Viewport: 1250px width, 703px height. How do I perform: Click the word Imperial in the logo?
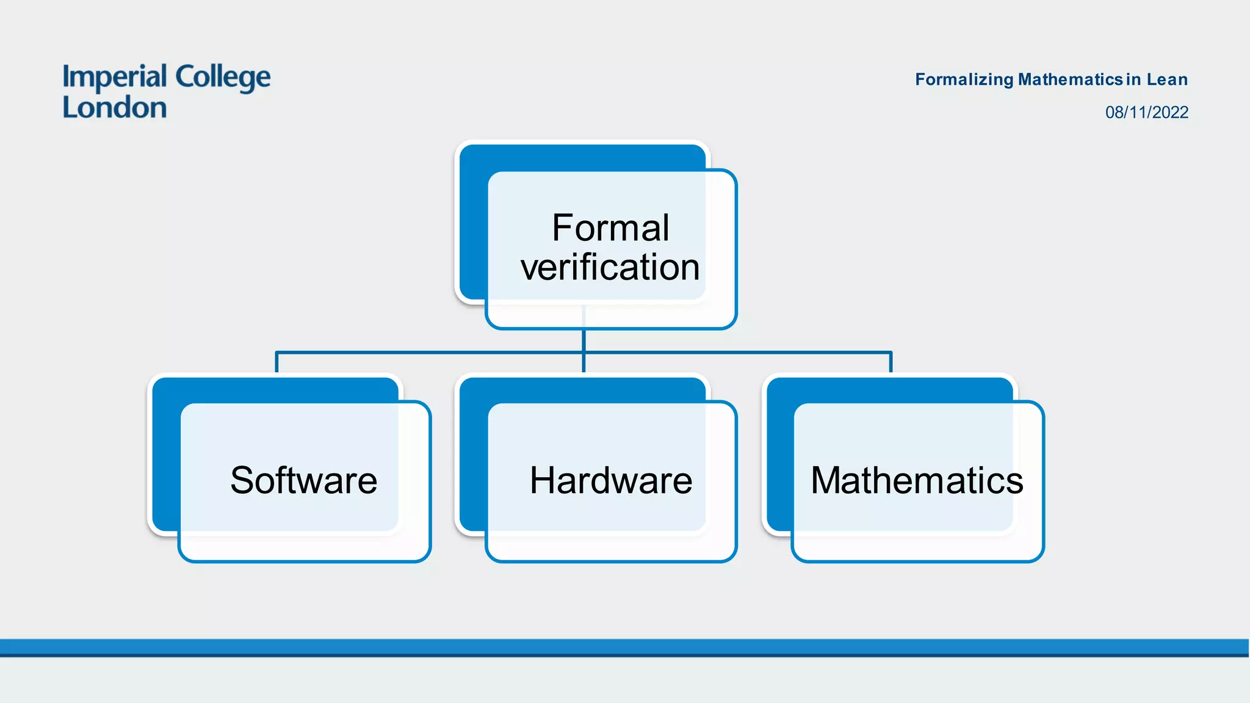115,78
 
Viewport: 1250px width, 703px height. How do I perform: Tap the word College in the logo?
223,78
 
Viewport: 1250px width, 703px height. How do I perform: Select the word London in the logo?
115,108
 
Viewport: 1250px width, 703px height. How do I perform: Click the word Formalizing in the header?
964,79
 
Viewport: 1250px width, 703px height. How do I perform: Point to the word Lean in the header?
1167,79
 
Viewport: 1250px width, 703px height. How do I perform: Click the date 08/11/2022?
1147,112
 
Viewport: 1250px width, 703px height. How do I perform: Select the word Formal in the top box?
610,228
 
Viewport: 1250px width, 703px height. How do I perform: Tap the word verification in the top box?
610,267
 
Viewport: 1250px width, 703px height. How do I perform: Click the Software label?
303,480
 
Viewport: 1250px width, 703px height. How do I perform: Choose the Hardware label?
611,480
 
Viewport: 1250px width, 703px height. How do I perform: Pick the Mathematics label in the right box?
917,480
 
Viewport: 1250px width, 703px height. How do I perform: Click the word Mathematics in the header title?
1071,79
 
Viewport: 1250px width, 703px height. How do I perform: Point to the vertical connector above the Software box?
276,362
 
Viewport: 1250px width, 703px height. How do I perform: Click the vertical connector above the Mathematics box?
891,362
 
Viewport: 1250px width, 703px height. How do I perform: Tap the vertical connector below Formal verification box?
584,342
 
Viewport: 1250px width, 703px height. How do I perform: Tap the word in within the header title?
1133,79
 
